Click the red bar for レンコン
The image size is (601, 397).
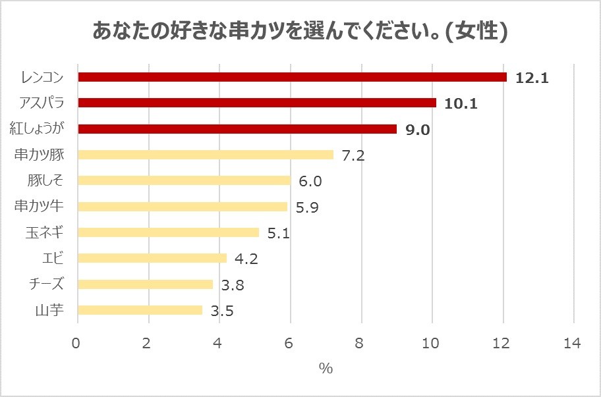coord(292,77)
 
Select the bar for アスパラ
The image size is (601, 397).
coord(257,103)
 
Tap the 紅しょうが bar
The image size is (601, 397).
coord(237,129)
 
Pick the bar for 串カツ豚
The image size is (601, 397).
coord(206,155)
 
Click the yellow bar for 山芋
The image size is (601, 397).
coord(140,310)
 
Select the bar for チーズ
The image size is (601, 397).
coord(145,284)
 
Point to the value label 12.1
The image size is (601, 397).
coord(532,78)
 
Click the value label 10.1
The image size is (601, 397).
coord(461,104)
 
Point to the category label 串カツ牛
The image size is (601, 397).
coord(39,206)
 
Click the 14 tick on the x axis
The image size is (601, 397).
coord(573,344)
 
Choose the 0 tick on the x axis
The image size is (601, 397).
coord(77,344)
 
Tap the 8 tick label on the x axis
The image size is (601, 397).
coord(360,344)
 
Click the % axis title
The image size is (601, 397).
coord(326,369)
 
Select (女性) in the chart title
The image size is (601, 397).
coord(476,31)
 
